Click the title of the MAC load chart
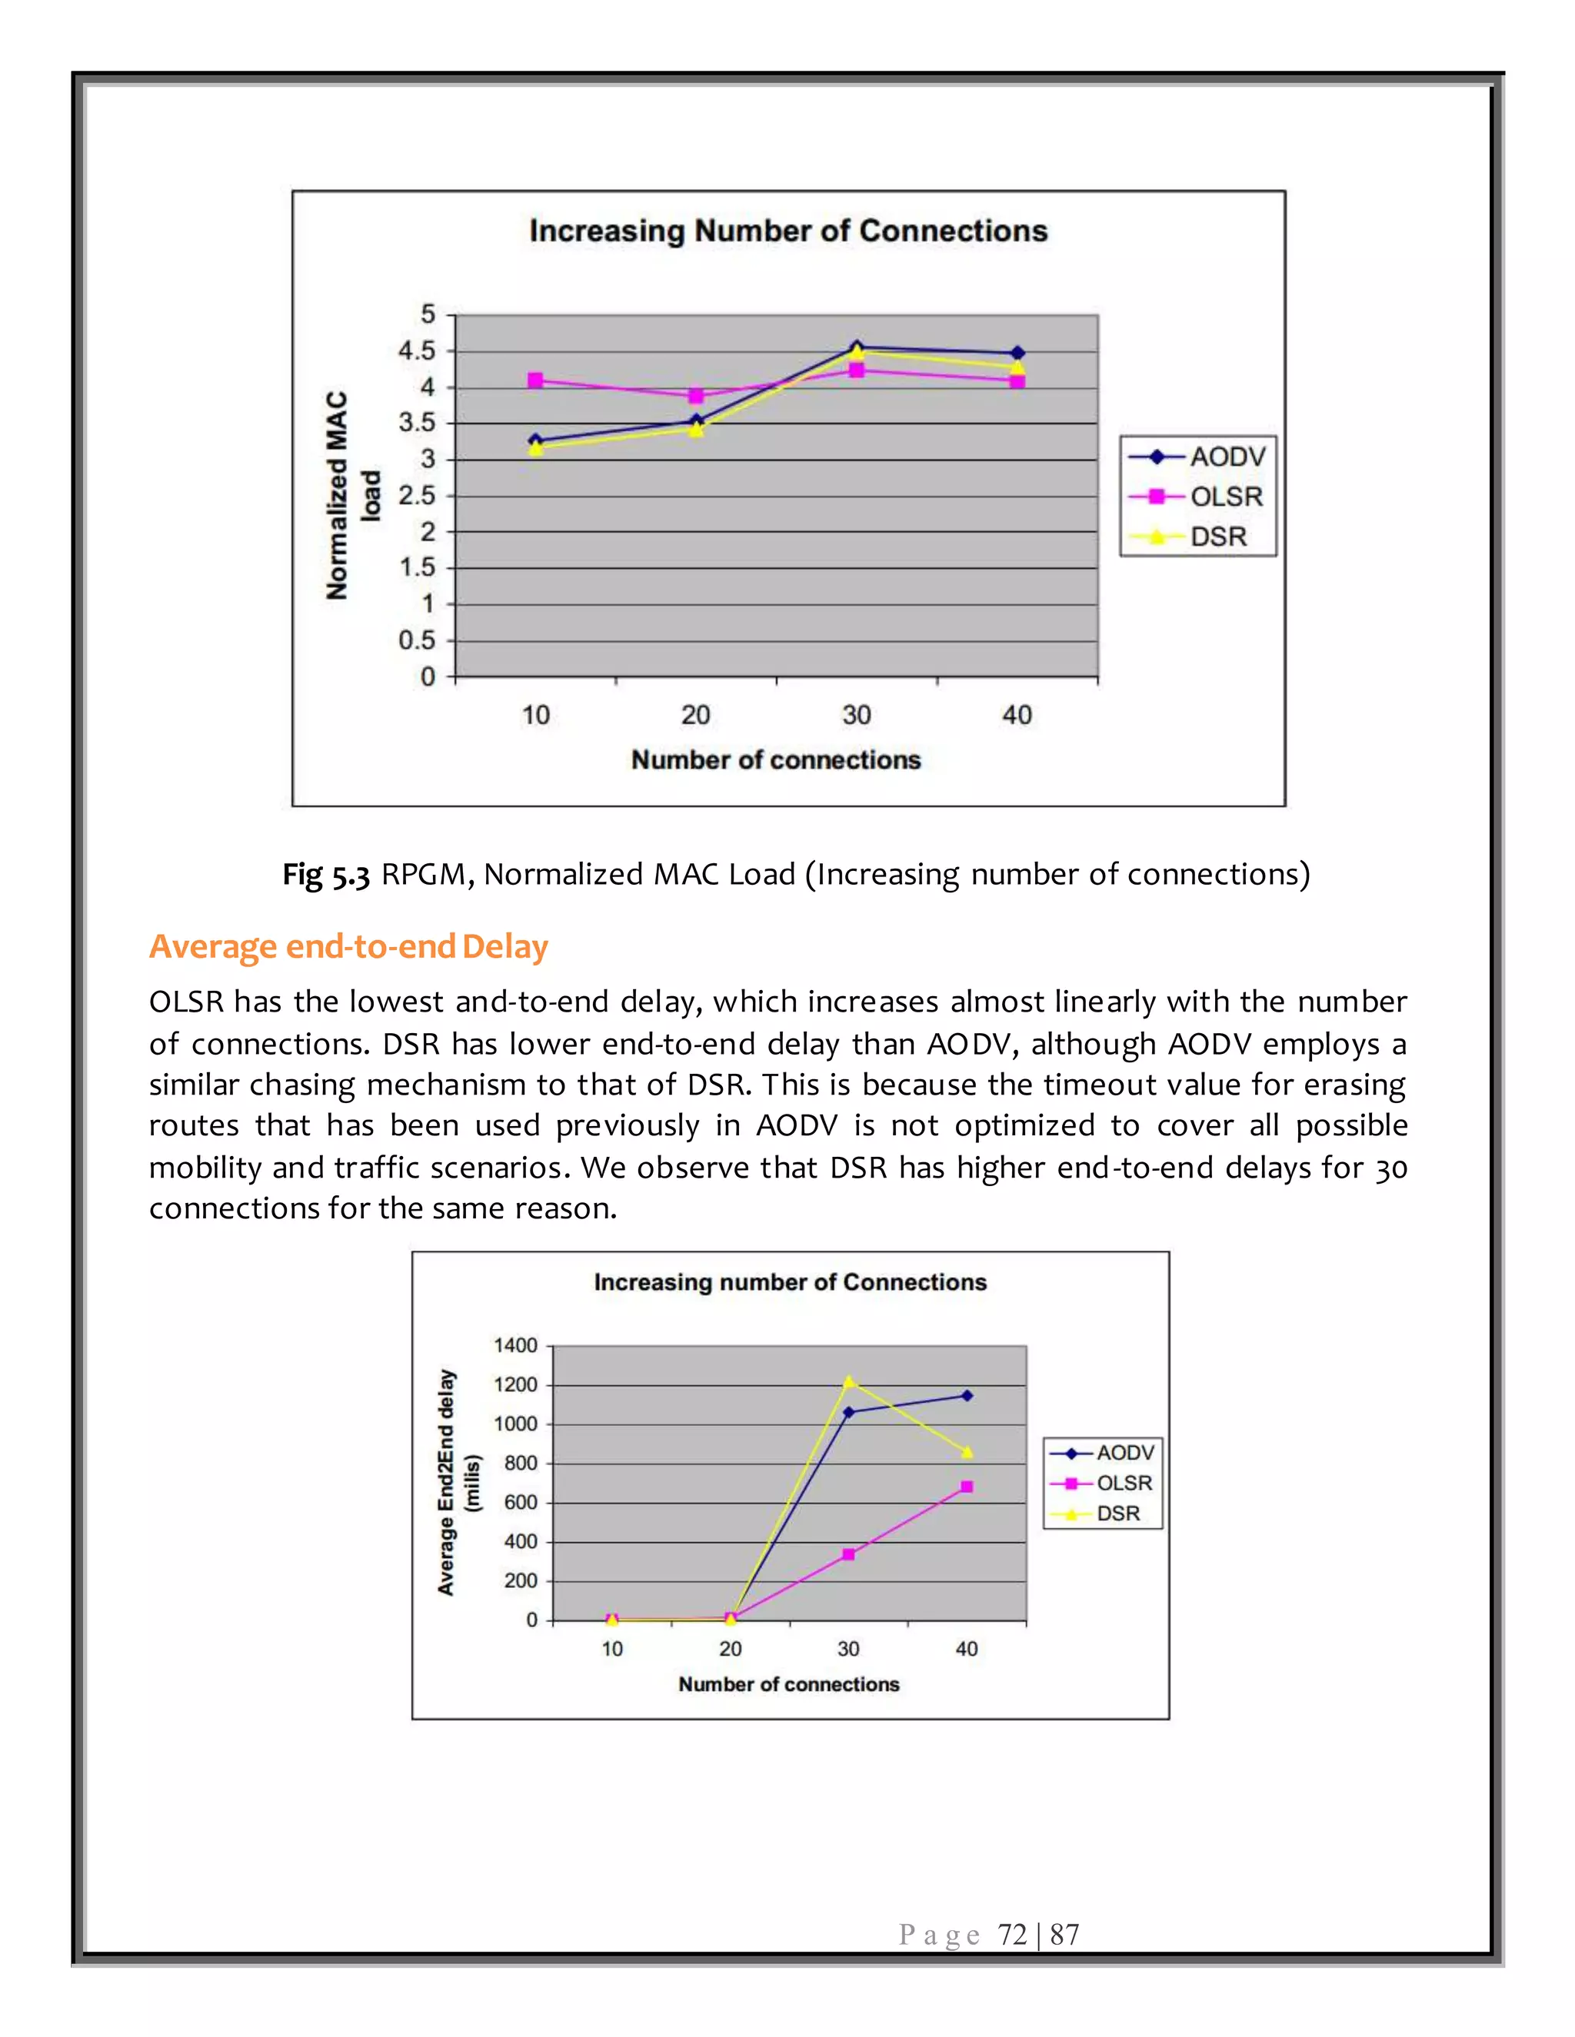788,231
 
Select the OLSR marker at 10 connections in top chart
535,380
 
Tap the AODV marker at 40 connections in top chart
1017,354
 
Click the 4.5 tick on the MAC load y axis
417,351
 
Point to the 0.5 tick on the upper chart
417,641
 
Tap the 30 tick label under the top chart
856,716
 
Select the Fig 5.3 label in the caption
327,875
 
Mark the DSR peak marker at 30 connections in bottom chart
848,1381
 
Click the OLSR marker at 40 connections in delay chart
967,1487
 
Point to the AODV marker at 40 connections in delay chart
967,1395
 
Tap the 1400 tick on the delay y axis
515,1345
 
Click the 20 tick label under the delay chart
731,1648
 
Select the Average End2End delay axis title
458,1482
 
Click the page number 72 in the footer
1012,1935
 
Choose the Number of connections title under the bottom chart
788,1683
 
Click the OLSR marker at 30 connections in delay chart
848,1554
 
